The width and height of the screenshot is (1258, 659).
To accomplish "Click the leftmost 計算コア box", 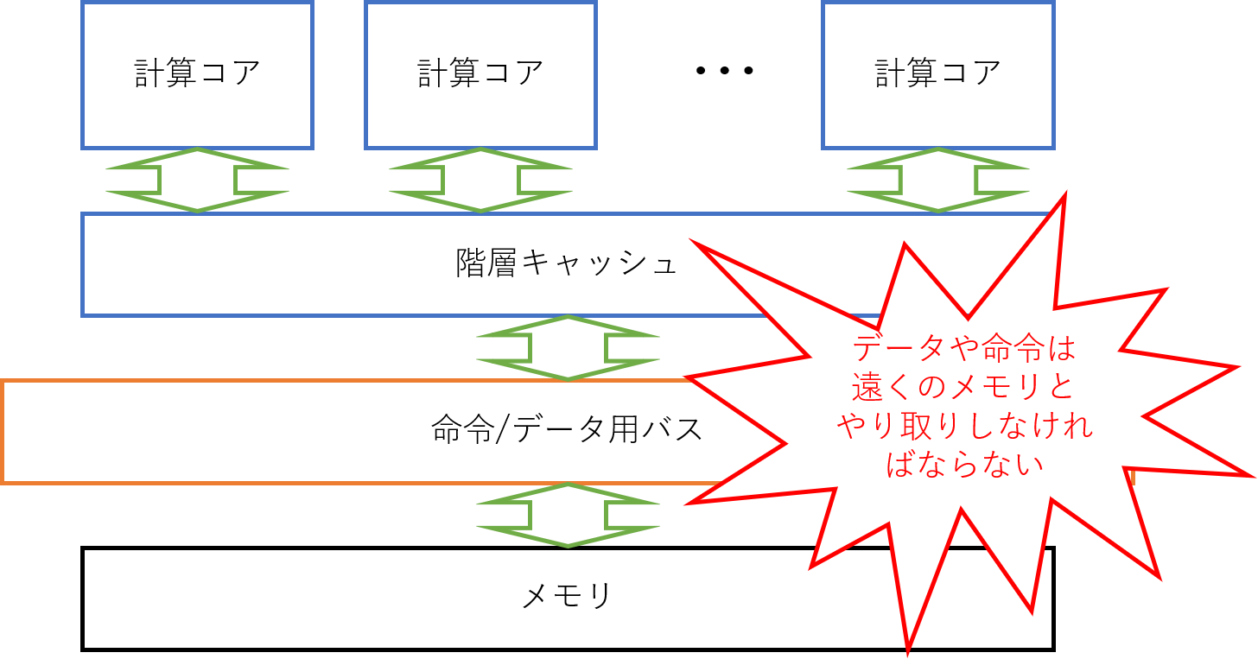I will pos(197,74).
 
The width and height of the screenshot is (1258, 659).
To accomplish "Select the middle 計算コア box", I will pos(480,74).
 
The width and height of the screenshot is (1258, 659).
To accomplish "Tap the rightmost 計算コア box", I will pos(937,74).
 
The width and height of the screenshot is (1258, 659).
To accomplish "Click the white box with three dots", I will pos(725,74).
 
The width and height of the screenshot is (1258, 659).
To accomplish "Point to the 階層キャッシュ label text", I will pos(567,263).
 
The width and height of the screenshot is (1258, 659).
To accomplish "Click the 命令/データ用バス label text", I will pos(567,429).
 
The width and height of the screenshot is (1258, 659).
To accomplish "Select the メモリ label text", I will pos(567,596).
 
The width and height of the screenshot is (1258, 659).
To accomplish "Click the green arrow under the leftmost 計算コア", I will pos(197,180).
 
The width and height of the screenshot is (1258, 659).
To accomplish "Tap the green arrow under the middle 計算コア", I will pos(480,180).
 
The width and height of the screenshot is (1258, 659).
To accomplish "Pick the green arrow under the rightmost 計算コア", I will pos(937,180).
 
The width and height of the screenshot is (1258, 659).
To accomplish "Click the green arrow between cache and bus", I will pos(568,347).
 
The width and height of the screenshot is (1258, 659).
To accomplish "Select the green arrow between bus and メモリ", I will pos(568,515).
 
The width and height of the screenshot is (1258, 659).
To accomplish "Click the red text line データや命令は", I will pos(964,349).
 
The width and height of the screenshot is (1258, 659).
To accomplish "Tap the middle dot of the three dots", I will pos(725,71).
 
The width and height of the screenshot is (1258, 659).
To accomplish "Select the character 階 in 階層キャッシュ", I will pos(471,263).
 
